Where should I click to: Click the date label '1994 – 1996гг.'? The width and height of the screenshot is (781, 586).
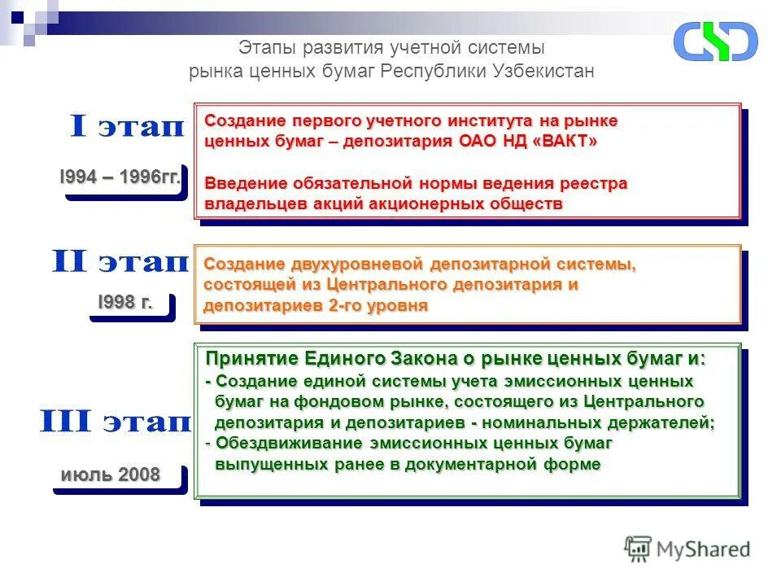(120, 177)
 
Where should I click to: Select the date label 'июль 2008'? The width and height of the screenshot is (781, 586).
(111, 474)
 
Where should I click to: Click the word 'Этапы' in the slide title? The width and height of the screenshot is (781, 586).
(267, 49)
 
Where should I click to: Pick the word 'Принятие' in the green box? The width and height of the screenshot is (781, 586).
(252, 359)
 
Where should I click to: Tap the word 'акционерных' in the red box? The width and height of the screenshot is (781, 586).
(417, 203)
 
